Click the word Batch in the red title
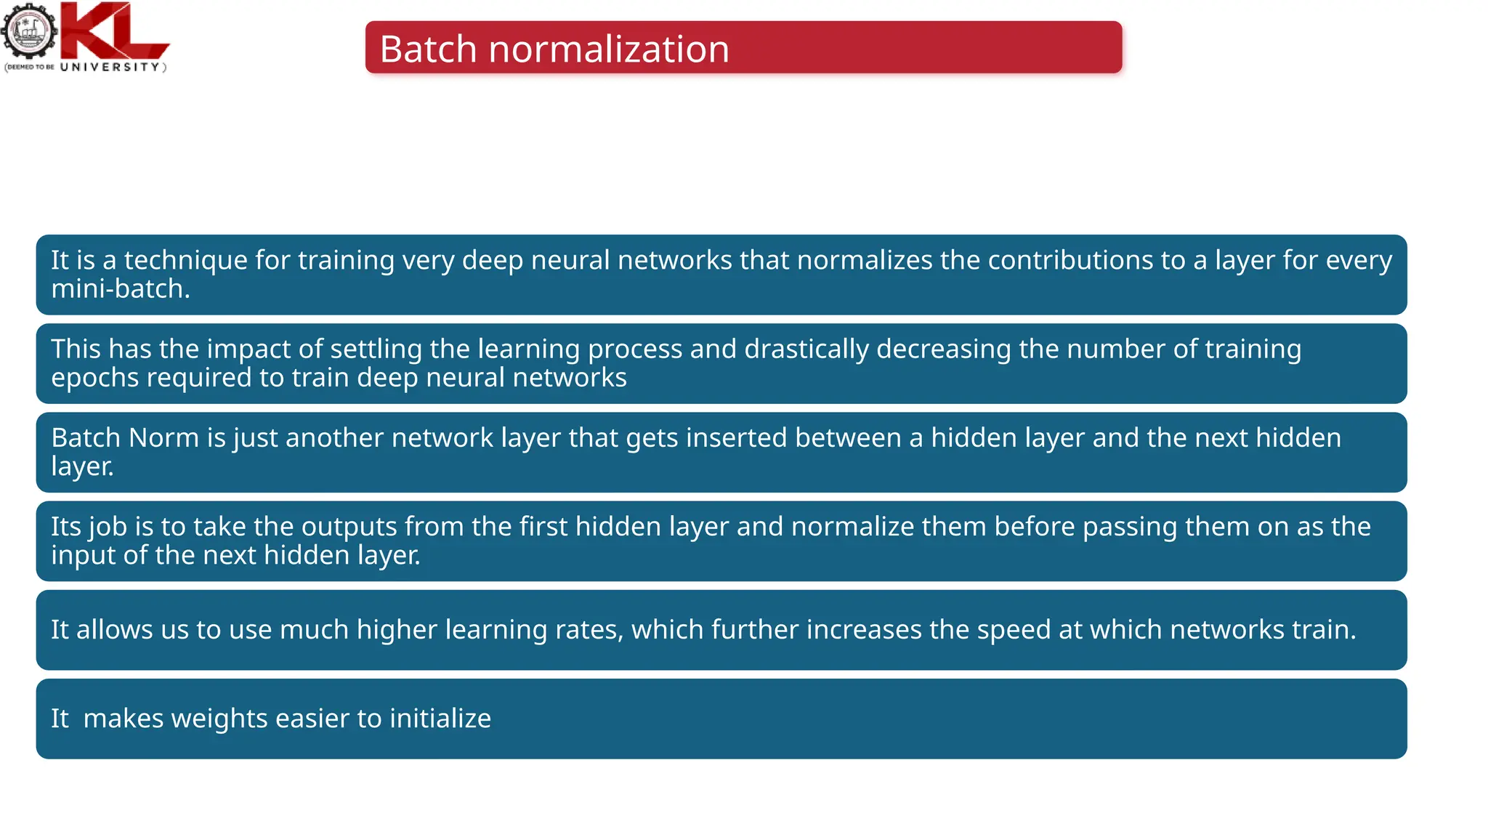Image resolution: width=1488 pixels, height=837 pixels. coord(428,49)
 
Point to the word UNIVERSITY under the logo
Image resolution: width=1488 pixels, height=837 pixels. coord(110,67)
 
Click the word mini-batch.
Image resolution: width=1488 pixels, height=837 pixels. coord(120,289)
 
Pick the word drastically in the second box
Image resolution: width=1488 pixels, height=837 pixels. coord(806,349)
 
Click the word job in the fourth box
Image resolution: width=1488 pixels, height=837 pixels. coord(107,527)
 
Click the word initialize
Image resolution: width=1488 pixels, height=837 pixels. coord(440,719)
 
